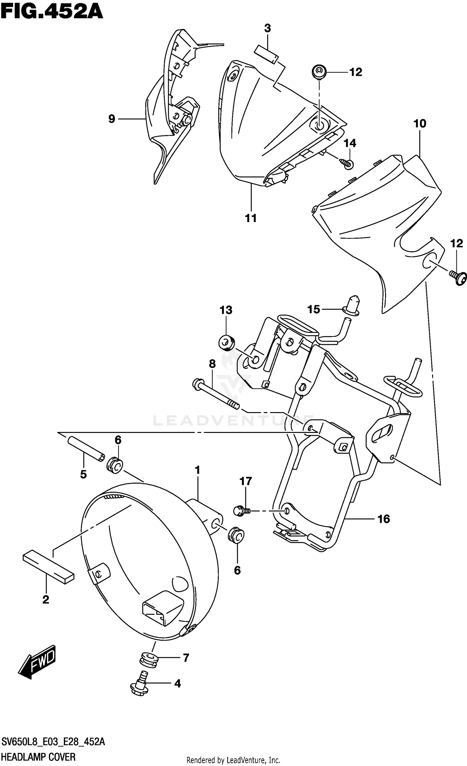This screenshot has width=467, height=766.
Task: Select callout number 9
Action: tap(112, 119)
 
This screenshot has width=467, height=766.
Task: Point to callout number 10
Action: tap(419, 124)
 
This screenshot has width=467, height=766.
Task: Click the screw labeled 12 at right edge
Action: tap(459, 277)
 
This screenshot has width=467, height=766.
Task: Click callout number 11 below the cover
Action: tap(251, 218)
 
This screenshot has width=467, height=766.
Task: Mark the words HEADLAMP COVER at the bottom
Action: tap(39, 756)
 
